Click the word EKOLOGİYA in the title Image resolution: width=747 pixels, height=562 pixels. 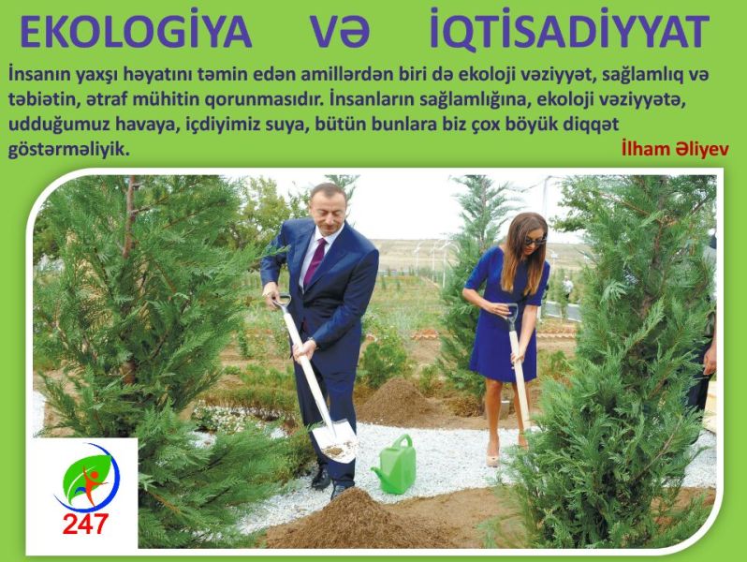coord(136,30)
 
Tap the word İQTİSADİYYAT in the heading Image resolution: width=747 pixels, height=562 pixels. coord(569,30)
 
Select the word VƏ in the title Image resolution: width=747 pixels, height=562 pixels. coord(340,32)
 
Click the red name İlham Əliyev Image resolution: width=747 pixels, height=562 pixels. coord(675,149)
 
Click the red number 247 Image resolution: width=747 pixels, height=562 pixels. coord(85,524)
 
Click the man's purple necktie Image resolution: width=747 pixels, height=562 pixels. coord(315,261)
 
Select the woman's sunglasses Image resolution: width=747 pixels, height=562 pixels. coord(535,242)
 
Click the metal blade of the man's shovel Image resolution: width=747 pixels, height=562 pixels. coord(335,439)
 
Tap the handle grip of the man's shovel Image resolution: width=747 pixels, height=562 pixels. coord(281,301)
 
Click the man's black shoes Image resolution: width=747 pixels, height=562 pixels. coord(329,481)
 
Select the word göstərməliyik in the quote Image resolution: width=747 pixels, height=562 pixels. coord(68,150)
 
